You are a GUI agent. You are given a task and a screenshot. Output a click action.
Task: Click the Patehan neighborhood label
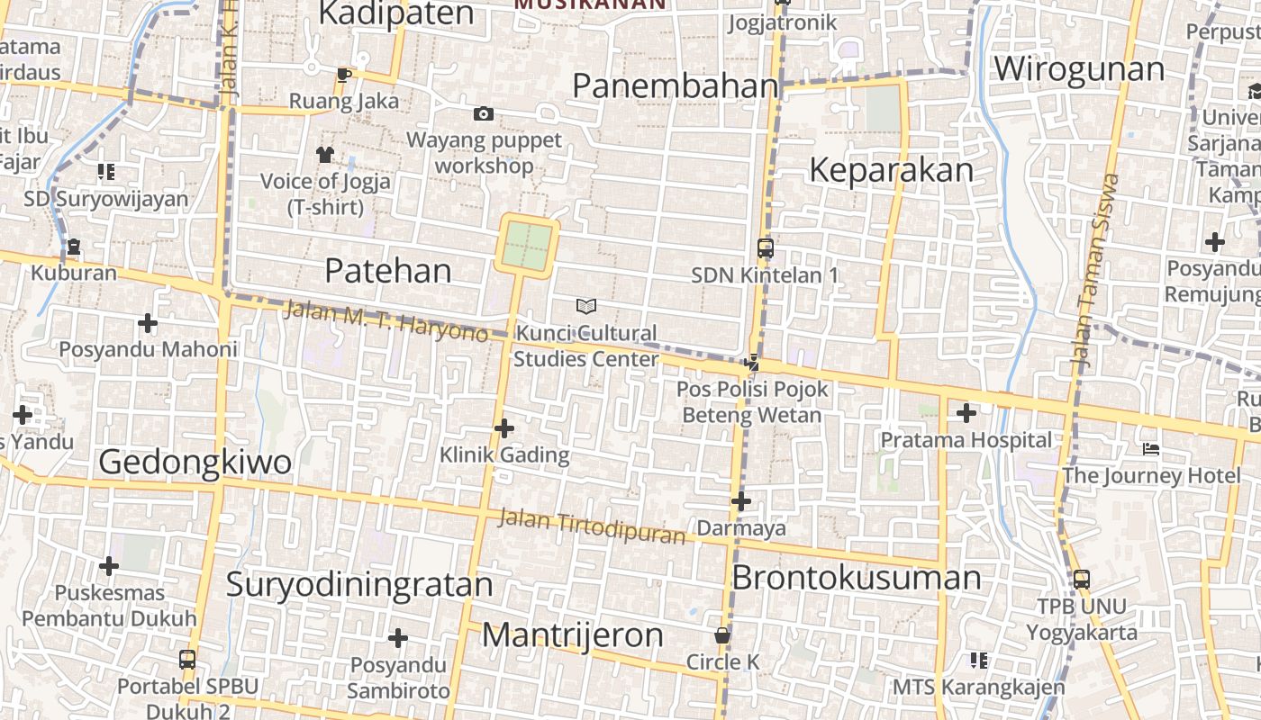pos(387,270)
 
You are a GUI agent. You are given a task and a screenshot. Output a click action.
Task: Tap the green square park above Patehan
pos(526,246)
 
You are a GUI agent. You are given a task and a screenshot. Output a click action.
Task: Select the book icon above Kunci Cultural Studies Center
pos(586,307)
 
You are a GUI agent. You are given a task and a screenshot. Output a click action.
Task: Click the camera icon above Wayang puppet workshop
pos(484,113)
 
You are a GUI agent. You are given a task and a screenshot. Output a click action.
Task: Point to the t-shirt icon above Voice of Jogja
pos(325,155)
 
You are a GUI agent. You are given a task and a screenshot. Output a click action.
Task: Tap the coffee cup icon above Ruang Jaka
pos(343,75)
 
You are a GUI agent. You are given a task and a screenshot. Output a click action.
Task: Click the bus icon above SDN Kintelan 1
pos(765,248)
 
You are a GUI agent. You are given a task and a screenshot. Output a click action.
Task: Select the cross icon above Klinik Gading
pos(504,428)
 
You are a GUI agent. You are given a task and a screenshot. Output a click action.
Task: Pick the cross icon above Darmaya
pos(741,501)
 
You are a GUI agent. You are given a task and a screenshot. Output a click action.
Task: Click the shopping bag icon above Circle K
pos(721,635)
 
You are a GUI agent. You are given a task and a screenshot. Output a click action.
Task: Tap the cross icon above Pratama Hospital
pos(966,414)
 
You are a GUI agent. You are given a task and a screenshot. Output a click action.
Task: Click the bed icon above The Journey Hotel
pos(1151,449)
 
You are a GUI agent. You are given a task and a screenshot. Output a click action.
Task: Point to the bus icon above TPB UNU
pos(1082,580)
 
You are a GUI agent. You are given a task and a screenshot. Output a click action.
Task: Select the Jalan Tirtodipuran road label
pos(592,526)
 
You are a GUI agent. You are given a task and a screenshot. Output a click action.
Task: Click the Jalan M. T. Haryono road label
pos(386,322)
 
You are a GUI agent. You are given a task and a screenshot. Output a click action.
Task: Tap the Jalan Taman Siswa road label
pos(1095,270)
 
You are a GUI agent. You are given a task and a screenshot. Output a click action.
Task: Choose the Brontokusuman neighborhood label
pos(856,578)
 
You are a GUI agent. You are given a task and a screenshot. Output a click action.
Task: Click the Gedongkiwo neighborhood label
pos(195,462)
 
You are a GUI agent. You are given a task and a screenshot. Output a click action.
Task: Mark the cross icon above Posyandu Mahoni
pos(148,323)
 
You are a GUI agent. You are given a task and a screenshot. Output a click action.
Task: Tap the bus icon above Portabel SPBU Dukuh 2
pos(187,660)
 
